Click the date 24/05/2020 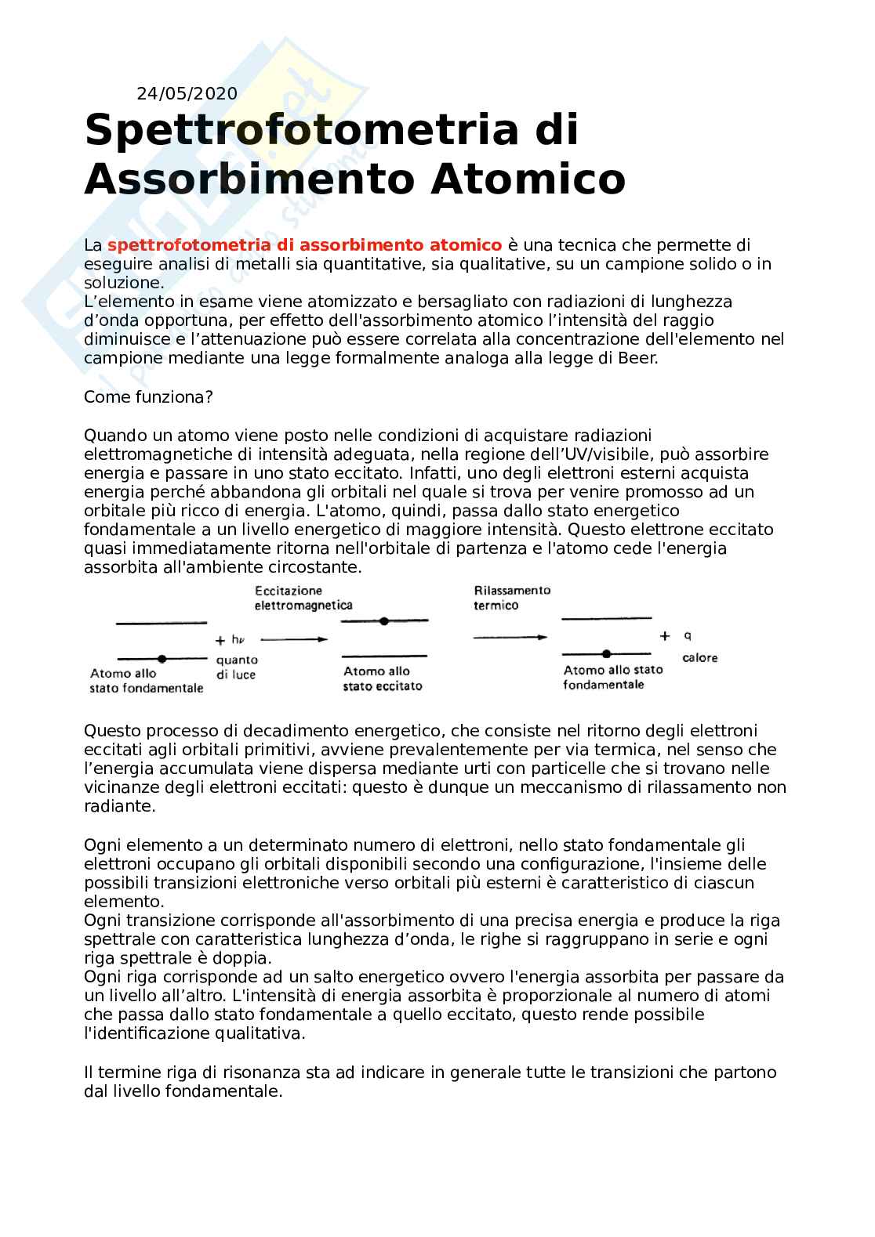click(187, 94)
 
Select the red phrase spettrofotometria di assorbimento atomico click(304, 245)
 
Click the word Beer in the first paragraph click(639, 358)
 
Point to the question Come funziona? click(148, 396)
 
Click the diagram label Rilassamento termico click(512, 598)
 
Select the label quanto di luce click(237, 667)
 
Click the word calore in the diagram click(699, 658)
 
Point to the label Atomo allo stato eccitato click(383, 678)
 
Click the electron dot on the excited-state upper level click(383, 621)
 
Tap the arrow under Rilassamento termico click(510, 638)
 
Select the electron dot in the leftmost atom click(162, 659)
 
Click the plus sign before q click(665, 636)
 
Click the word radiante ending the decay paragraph click(118, 806)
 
